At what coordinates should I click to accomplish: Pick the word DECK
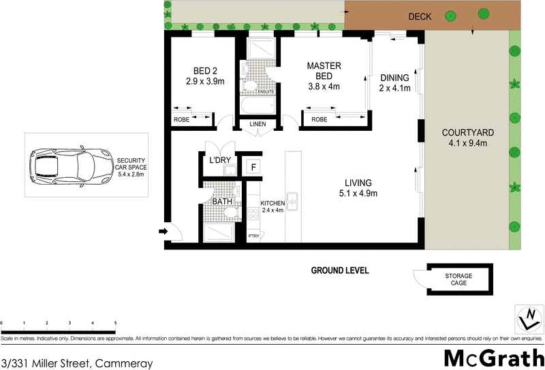(x=420, y=17)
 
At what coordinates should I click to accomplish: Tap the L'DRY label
(x=219, y=159)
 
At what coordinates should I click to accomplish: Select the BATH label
(x=222, y=202)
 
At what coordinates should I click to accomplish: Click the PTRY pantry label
(x=253, y=236)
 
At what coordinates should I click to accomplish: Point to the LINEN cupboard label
(x=258, y=123)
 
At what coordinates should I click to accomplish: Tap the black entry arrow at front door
(x=163, y=232)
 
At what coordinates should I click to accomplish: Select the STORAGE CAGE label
(x=458, y=279)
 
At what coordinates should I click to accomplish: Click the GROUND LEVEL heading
(x=340, y=271)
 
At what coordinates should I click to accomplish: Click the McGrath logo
(x=493, y=357)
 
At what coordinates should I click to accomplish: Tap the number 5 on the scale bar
(x=115, y=323)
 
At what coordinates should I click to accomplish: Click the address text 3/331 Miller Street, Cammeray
(x=77, y=364)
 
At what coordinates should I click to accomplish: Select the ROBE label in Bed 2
(x=181, y=119)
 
